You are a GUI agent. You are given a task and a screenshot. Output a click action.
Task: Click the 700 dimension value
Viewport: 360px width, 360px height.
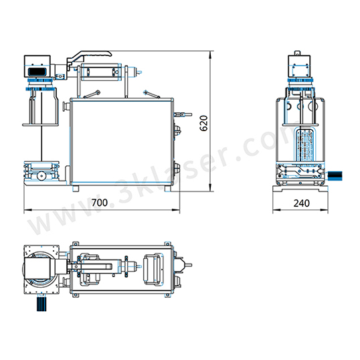[x=100, y=203]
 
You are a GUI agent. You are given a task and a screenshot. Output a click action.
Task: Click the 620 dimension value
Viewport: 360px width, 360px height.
[x=203, y=123]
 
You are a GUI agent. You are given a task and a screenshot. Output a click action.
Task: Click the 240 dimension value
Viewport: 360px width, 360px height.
[x=301, y=203]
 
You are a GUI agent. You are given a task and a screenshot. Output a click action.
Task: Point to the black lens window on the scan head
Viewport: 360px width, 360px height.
[x=37, y=72]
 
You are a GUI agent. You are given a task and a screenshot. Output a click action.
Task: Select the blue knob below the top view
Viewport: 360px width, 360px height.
[x=41, y=304]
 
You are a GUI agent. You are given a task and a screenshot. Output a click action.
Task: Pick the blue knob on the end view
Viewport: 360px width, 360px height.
[x=335, y=176]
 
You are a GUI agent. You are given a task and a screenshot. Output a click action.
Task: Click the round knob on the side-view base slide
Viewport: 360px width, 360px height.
[x=41, y=176]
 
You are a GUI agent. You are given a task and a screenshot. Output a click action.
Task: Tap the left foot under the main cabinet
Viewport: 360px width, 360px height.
[x=76, y=189]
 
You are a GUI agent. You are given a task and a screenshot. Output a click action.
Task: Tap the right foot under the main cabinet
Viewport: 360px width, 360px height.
[x=168, y=189]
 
